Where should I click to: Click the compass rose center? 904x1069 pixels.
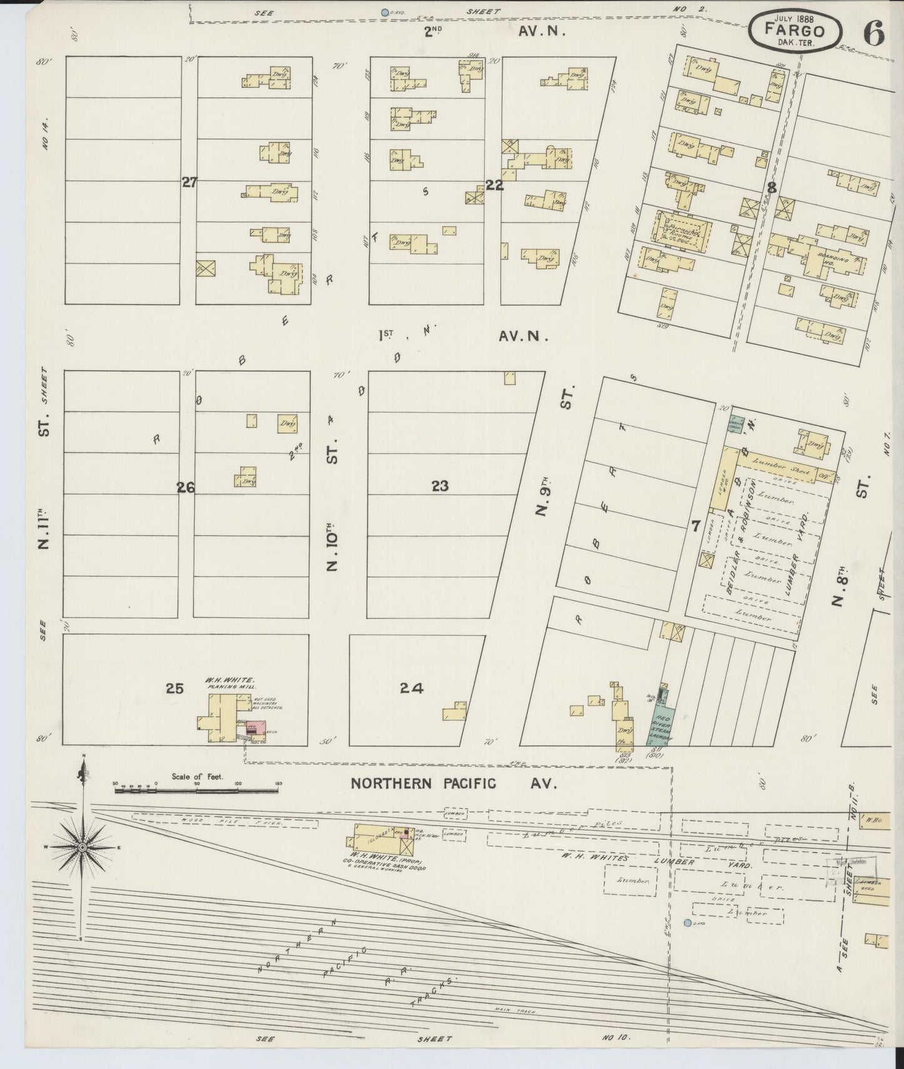pyautogui.click(x=82, y=847)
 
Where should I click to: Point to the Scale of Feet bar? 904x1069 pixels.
pyautogui.click(x=197, y=791)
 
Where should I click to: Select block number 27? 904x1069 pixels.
pyautogui.click(x=189, y=183)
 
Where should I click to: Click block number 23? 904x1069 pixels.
pyautogui.click(x=440, y=486)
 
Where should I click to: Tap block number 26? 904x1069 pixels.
pyautogui.click(x=186, y=488)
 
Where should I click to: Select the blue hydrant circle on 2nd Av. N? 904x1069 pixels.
pyautogui.click(x=385, y=11)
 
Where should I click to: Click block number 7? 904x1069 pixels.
pyautogui.click(x=696, y=526)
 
